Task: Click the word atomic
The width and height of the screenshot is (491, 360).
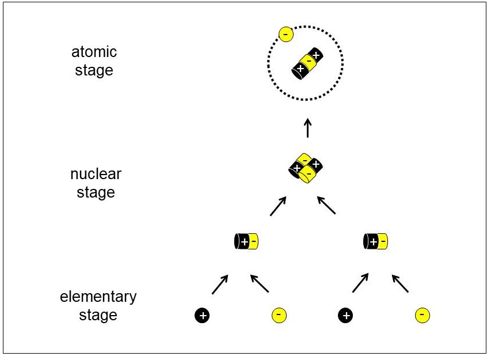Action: [94, 52]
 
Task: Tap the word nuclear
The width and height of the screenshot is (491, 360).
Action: [96, 174]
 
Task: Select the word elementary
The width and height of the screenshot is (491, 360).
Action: [98, 297]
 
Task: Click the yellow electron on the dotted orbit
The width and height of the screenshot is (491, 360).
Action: [286, 34]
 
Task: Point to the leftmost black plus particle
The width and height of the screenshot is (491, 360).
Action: [202, 315]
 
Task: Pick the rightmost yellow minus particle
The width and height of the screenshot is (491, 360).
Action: [422, 315]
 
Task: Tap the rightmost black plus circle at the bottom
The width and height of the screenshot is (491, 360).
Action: [345, 315]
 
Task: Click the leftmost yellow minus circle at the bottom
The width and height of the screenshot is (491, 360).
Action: [279, 315]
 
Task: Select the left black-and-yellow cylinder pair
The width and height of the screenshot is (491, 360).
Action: [246, 241]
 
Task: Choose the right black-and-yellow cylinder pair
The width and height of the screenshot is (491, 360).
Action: [375, 241]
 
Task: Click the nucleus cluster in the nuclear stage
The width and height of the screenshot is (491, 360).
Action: [306, 168]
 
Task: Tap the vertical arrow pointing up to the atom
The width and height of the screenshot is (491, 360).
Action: [308, 128]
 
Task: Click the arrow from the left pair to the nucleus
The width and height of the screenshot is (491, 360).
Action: [278, 206]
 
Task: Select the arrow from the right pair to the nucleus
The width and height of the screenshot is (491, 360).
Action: [326, 205]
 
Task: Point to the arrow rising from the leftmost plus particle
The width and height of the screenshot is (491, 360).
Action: [220, 285]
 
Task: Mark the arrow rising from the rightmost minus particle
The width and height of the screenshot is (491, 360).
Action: [401, 283]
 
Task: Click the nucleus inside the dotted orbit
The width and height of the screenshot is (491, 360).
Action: [307, 63]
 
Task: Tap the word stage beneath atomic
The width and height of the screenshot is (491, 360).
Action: [94, 70]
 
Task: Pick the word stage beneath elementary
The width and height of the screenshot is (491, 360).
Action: [98, 315]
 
